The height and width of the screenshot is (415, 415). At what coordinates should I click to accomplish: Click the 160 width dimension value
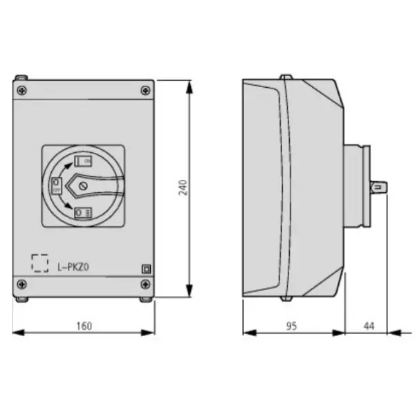click(84, 325)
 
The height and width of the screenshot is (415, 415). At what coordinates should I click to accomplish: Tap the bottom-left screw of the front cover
click(22, 283)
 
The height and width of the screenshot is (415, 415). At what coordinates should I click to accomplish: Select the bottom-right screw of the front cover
click(145, 283)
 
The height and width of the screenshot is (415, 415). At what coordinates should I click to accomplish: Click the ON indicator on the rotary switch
click(84, 161)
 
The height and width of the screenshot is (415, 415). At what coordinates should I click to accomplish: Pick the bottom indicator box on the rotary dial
click(83, 212)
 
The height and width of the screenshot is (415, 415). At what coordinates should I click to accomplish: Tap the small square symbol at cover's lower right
click(145, 269)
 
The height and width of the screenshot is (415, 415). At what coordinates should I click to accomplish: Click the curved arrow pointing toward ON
click(64, 165)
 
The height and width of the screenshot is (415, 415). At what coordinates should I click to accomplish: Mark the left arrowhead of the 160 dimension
click(17, 333)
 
